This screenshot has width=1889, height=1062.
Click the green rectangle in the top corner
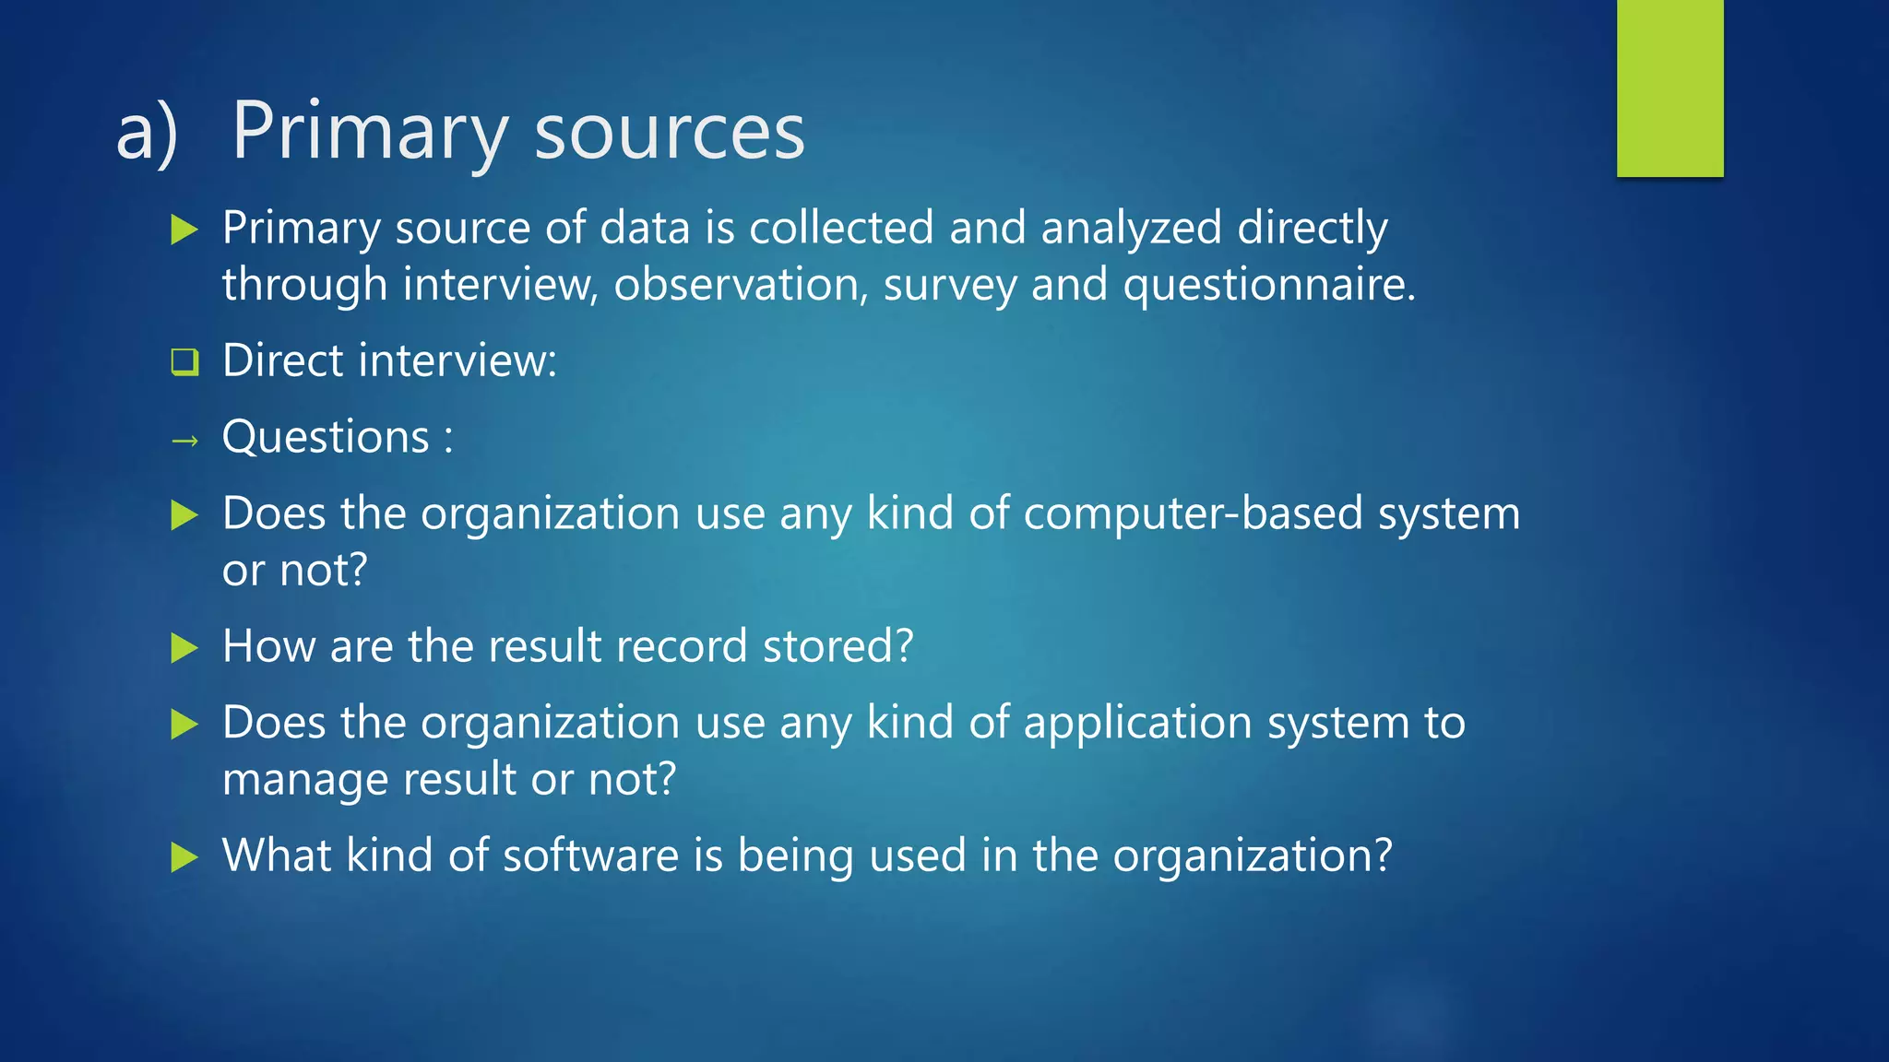1669,88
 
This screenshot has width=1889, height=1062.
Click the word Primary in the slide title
369,132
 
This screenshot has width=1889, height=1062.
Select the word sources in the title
670,132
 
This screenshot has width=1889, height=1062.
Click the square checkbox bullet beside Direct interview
184,361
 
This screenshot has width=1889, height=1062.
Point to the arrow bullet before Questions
184,442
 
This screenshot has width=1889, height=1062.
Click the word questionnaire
1268,285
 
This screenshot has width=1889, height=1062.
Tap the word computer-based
1193,513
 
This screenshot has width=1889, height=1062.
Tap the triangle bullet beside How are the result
184,648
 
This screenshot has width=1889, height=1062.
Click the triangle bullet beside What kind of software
184,857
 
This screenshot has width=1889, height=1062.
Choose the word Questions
326,436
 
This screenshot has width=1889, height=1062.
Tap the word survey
950,285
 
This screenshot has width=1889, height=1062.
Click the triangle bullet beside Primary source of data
184,230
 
